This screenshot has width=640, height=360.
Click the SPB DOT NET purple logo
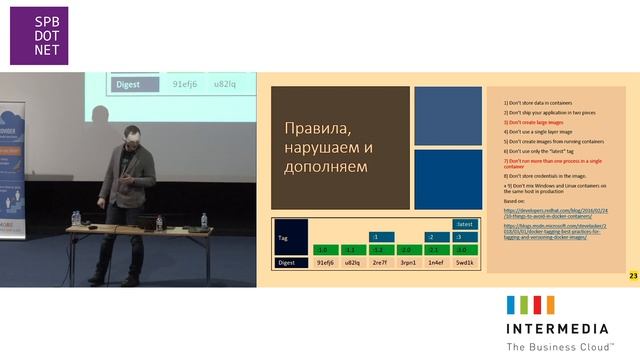click(36, 36)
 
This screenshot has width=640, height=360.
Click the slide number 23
click(632, 275)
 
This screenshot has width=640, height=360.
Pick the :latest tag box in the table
click(464, 224)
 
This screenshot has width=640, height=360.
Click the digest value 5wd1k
click(464, 262)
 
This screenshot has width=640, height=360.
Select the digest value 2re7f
click(380, 262)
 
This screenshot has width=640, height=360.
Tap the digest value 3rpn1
click(408, 262)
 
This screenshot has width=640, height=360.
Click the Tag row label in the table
click(284, 239)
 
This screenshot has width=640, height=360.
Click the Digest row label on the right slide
click(289, 262)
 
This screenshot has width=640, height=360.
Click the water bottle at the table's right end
click(204, 220)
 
